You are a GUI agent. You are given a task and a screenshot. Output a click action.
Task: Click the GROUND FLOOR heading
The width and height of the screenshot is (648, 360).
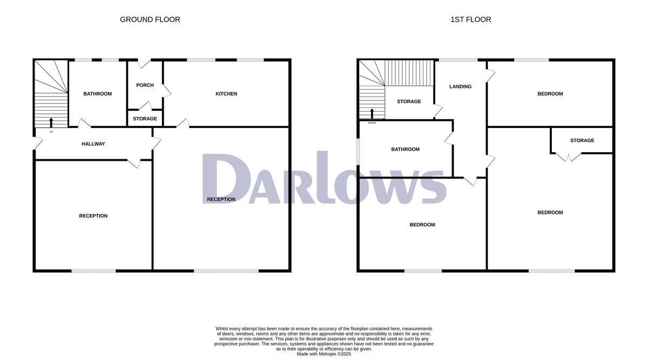tap(150, 19)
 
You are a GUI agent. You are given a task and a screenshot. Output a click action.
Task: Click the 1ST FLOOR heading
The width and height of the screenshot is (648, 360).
tap(471, 19)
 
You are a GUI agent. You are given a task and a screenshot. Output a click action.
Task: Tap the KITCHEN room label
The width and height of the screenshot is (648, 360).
tap(226, 94)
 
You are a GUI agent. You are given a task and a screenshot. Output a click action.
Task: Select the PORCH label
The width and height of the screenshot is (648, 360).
tap(145, 85)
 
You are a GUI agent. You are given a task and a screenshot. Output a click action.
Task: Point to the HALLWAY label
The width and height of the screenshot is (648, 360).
tap(93, 144)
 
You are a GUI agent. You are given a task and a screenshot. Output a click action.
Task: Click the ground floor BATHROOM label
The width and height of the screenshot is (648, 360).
tap(97, 94)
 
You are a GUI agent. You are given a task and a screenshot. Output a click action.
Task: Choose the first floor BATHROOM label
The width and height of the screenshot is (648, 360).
tap(405, 150)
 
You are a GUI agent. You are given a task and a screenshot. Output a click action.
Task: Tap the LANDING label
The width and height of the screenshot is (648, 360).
tap(460, 86)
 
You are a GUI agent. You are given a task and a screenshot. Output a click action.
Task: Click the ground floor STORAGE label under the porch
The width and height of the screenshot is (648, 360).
tap(145, 119)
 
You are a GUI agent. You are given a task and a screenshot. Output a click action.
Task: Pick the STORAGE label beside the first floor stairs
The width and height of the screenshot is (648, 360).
tap(409, 101)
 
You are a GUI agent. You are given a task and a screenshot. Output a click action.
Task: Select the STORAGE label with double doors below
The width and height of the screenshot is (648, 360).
tap(582, 140)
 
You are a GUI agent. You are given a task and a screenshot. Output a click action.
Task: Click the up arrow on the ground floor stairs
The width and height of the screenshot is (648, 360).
tap(51, 121)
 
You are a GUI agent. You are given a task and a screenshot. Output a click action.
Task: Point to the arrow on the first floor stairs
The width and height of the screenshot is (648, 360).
tap(372, 113)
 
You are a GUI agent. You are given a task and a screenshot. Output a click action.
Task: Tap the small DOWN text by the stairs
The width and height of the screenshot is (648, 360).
tap(372, 123)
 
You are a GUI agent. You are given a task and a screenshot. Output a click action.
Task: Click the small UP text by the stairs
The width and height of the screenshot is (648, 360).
tap(51, 132)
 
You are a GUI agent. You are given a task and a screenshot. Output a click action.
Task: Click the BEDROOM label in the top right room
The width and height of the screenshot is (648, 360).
tap(550, 94)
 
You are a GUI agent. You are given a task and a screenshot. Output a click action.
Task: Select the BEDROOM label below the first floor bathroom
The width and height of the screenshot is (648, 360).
tap(422, 225)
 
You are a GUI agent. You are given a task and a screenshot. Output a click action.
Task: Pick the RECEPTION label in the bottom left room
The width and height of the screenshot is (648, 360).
tap(93, 216)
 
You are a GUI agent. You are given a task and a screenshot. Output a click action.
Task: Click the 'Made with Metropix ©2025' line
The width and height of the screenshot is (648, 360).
tap(324, 354)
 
